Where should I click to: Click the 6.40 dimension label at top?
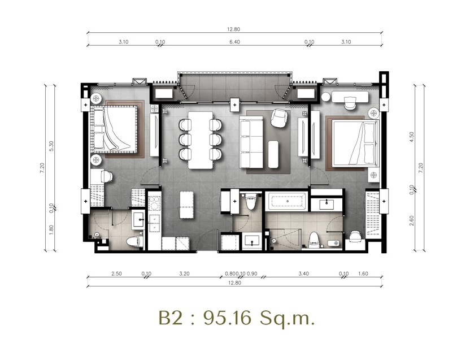point(234,42)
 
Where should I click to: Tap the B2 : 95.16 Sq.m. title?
point(237,318)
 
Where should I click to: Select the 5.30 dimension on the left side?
point(51,146)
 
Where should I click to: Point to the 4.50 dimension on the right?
point(412,137)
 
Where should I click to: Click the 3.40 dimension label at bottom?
point(303,274)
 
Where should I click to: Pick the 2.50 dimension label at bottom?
point(116,274)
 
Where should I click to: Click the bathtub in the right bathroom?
point(286,201)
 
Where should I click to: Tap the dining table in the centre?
point(201,140)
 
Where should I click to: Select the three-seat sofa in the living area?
point(251,142)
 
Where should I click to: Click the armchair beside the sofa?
point(279,118)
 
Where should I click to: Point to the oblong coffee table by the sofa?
point(273,154)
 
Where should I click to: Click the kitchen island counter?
point(186,205)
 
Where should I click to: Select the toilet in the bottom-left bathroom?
point(135,241)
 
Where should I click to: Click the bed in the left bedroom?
point(114,129)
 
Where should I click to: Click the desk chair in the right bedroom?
point(350,103)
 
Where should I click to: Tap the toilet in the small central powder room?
point(251,202)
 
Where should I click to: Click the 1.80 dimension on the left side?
point(51,229)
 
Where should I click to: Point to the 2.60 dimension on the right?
point(412,220)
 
